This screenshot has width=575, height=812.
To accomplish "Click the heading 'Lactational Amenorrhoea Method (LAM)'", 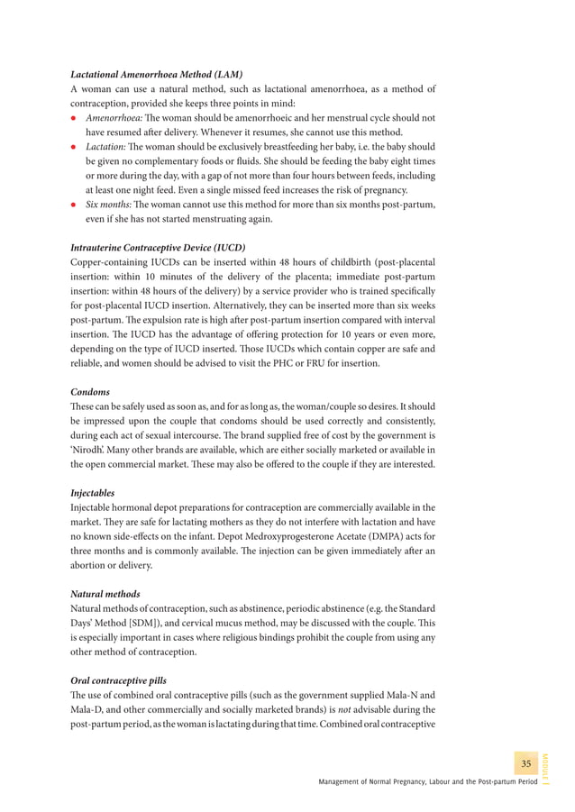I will pyautogui.click(x=157, y=74).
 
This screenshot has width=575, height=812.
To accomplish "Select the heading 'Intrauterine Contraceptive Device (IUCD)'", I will pyautogui.click(x=158, y=247).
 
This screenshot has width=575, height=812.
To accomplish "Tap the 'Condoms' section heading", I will pyautogui.click(x=90, y=392).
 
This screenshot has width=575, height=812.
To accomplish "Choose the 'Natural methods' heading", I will pyautogui.click(x=105, y=594).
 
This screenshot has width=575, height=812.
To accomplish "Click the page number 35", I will pyautogui.click(x=526, y=764).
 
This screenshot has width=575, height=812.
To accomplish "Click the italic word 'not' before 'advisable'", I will pyautogui.click(x=347, y=709).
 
